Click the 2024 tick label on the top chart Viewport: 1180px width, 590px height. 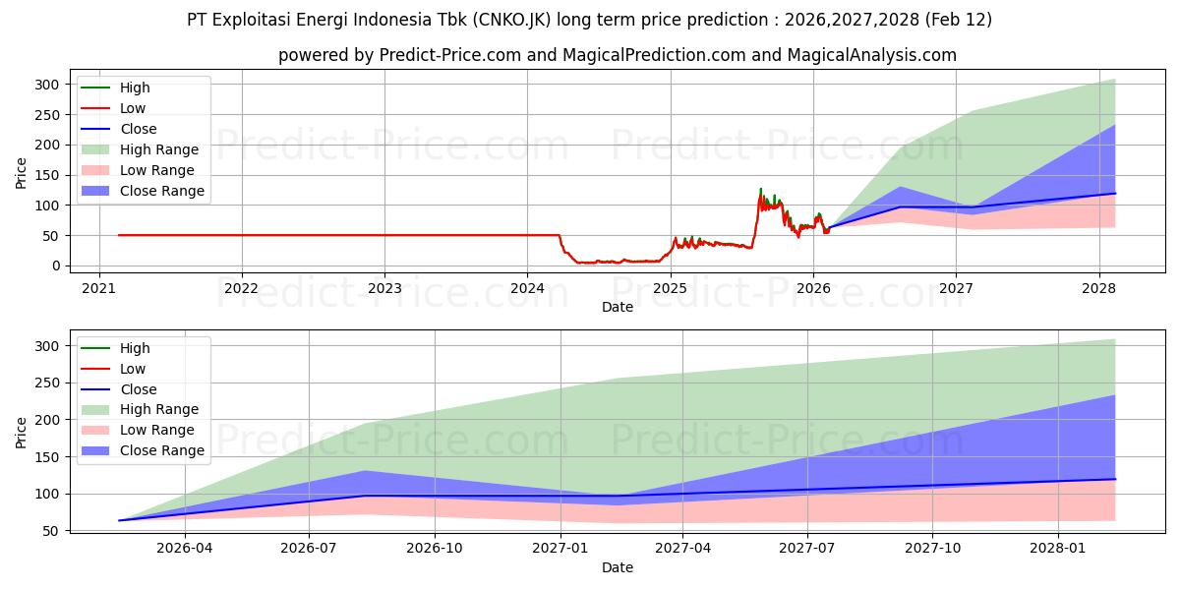pos(527,287)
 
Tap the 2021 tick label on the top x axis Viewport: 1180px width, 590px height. pos(98,287)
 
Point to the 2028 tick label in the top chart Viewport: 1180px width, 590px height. pos(1098,287)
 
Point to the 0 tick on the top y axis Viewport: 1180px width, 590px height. pos(56,265)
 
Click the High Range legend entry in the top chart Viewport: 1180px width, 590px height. pos(158,149)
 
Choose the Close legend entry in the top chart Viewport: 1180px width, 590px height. pos(138,129)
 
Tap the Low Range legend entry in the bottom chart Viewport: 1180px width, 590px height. pos(156,430)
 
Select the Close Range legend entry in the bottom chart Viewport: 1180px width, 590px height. pos(161,450)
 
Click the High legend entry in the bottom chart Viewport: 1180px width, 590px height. pos(135,348)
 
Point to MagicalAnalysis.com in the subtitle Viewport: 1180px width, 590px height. pos(876,55)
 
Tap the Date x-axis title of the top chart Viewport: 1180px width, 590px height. pos(617,307)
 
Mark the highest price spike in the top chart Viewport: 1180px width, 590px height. pos(760,189)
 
